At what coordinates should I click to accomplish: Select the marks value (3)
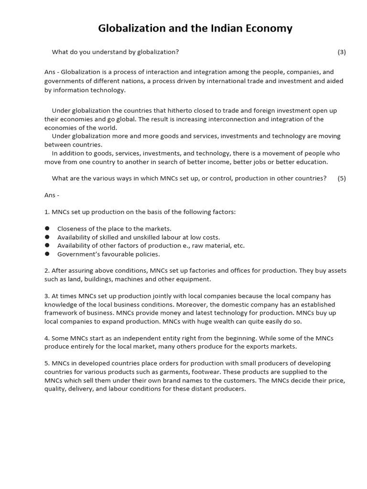pos(341,52)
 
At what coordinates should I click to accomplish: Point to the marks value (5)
pos(341,178)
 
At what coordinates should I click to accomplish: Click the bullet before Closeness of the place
pos(47,229)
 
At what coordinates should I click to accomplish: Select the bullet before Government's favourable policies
pos(47,254)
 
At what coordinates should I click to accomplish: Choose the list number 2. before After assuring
pos(47,270)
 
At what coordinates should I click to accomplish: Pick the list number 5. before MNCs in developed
pos(47,363)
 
